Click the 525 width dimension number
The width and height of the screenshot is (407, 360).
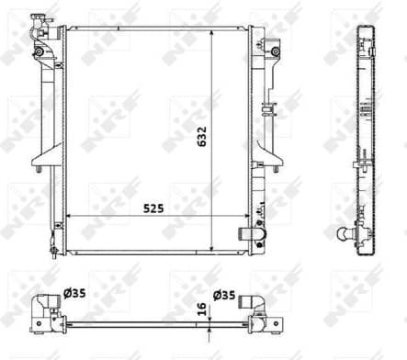(153, 208)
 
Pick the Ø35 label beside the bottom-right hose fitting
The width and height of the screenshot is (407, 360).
(224, 295)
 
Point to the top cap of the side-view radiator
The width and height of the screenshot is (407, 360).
(365, 20)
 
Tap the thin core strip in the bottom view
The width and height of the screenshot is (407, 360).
(152, 324)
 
